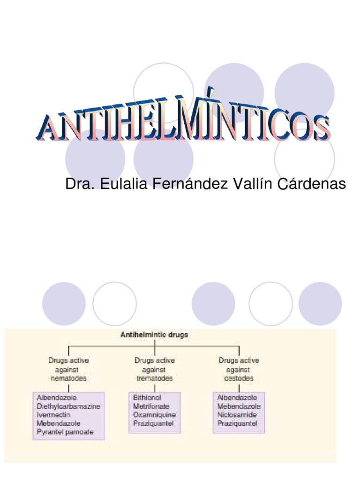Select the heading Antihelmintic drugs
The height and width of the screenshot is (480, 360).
point(155,335)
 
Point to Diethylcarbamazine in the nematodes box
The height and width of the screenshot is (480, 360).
point(68,406)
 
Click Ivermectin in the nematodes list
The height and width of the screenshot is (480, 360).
point(53,415)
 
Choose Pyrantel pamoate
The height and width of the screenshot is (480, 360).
point(65,432)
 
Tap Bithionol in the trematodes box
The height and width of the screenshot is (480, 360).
point(147,397)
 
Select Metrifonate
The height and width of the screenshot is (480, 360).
point(151,406)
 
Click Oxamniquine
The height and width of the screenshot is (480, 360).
point(155,415)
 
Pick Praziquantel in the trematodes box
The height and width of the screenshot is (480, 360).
point(153,423)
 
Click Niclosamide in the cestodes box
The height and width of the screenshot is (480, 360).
point(237,415)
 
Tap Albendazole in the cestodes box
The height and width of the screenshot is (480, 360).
point(237,397)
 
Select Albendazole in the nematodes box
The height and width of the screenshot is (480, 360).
point(58,397)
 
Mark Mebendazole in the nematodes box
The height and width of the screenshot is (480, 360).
point(59,423)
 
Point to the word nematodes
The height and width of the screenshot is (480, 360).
point(68,378)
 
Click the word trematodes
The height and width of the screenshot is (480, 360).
point(154,378)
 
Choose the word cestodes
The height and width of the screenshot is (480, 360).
point(239,378)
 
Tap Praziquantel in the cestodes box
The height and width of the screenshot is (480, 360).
point(237,423)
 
